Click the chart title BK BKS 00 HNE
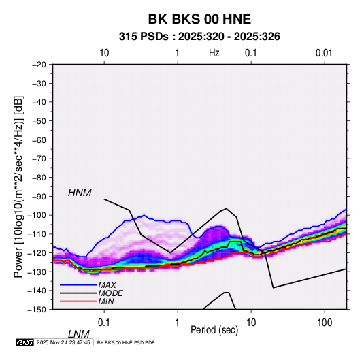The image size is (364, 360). [x=199, y=19]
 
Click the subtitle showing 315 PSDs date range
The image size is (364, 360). [x=199, y=37]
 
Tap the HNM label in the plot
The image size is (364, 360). [x=80, y=193]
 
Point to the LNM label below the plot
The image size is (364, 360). [x=79, y=334]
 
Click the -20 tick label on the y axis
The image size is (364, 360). [x=39, y=65]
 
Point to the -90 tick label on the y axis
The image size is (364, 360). [x=39, y=197]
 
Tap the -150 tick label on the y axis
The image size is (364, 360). [x=37, y=310]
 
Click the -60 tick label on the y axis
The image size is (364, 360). [x=39, y=140]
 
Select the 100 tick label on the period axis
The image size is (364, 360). [x=325, y=323]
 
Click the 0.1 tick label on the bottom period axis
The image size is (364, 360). [x=104, y=323]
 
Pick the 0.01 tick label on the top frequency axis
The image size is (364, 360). [x=324, y=53]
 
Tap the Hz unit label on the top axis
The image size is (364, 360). [x=214, y=53]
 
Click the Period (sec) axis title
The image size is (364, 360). [x=214, y=330]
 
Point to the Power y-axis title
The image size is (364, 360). [x=18, y=187]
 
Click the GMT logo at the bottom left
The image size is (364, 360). [x=24, y=342]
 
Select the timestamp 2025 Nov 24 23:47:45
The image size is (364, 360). [x=63, y=342]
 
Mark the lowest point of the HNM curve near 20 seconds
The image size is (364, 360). [x=274, y=288]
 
